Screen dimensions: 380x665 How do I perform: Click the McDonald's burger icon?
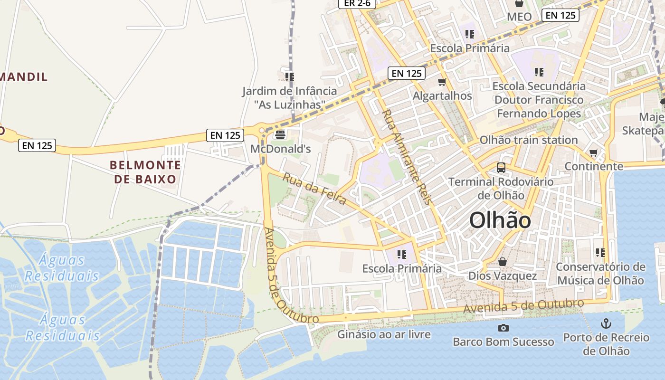point(280,135)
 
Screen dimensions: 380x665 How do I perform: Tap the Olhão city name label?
point(500,221)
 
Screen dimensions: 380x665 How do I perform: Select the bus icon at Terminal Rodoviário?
point(501,167)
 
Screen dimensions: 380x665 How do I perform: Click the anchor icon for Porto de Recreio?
point(606,324)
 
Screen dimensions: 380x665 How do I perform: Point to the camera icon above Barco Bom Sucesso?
point(503,328)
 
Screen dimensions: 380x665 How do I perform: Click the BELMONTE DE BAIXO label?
point(145,172)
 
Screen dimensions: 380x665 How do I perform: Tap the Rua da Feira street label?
point(314,189)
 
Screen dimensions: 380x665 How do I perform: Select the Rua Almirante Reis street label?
point(407,157)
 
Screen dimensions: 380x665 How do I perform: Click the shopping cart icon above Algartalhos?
point(442,82)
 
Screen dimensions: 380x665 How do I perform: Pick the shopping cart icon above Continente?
point(593,152)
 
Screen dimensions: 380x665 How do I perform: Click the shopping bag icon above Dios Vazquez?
point(503,262)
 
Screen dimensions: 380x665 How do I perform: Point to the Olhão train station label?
point(528,140)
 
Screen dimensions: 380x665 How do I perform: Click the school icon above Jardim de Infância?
point(290,76)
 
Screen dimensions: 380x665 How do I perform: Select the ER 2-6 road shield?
point(357,3)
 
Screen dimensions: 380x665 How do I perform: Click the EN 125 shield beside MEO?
point(560,15)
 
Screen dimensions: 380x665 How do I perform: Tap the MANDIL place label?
point(24,76)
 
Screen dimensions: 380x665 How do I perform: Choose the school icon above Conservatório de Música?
point(600,252)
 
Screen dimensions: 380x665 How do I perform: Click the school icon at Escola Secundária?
point(539,72)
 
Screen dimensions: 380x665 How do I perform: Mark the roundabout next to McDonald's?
point(261,131)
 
